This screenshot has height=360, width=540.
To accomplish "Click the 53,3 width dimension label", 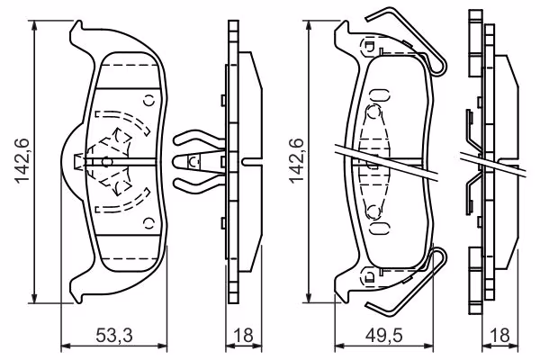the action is click(x=114, y=335).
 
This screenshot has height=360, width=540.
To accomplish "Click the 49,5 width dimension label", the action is click(x=383, y=335).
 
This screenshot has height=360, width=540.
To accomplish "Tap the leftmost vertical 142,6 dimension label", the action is click(x=22, y=161).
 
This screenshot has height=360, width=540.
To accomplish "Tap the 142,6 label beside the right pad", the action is click(x=296, y=161).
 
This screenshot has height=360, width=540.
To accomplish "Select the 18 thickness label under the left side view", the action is click(x=243, y=335).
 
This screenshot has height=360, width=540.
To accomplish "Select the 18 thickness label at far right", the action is click(x=499, y=335).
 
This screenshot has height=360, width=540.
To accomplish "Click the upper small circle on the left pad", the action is click(x=149, y=101).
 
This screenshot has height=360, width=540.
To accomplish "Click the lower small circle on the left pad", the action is click(x=149, y=223).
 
